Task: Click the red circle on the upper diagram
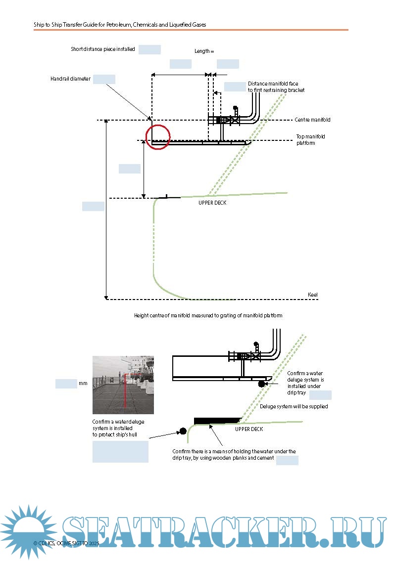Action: [x=158, y=137]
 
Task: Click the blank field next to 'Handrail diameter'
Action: [x=104, y=79]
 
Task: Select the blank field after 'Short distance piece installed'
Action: [x=149, y=49]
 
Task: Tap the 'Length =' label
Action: [x=204, y=51]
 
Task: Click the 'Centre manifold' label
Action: [x=312, y=120]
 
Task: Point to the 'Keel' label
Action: [x=313, y=295]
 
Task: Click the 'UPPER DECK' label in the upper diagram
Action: [x=212, y=203]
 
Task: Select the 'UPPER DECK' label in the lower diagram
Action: [x=249, y=429]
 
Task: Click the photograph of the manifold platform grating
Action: [x=123, y=385]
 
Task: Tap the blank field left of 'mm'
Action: [x=66, y=384]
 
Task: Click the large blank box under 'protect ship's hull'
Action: [x=120, y=452]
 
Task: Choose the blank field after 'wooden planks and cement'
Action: [x=287, y=461]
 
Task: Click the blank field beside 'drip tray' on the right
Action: [x=320, y=394]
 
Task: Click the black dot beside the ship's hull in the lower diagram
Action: [x=183, y=431]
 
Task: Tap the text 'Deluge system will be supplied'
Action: [x=294, y=406]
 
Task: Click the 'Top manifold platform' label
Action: [x=310, y=140]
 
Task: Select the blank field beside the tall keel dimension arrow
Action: [x=93, y=206]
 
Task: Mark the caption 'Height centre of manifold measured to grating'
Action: [x=208, y=315]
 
